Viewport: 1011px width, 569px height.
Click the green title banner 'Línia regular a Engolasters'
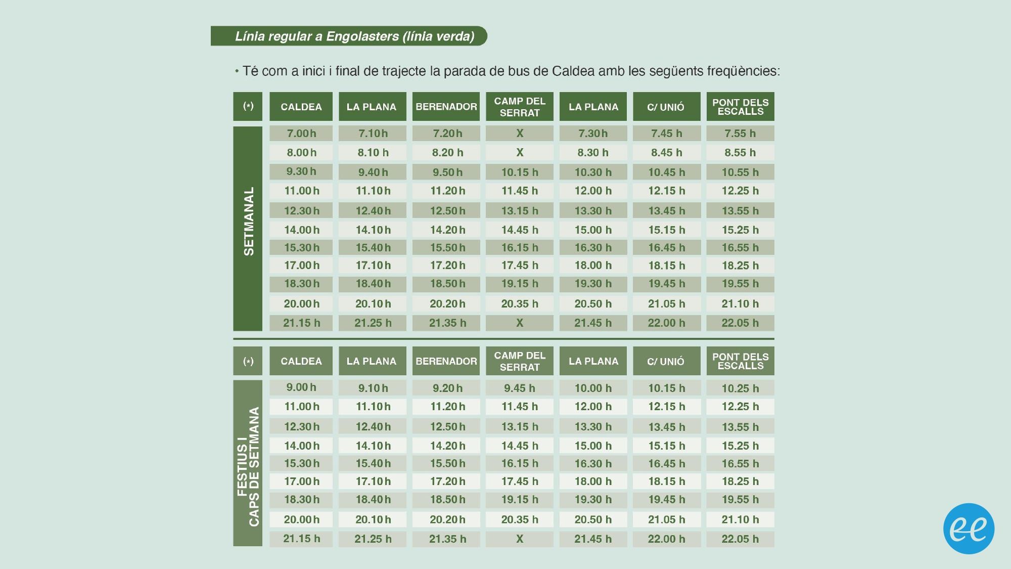pos(349,36)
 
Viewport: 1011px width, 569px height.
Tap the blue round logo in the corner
pos(969,529)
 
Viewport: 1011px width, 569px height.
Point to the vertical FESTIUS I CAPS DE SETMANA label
pos(248,463)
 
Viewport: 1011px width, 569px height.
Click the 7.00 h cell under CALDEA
pos(301,134)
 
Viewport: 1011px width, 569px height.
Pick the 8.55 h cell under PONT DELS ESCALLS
pos(740,153)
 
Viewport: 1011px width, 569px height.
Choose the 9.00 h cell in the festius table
pos(301,388)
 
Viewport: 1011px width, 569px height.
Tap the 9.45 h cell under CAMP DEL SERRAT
pos(520,388)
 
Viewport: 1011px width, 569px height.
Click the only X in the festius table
pos(520,539)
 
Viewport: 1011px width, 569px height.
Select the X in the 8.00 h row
pos(520,153)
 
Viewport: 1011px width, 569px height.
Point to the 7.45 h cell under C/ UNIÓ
pos(666,134)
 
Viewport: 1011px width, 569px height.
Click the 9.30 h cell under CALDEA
pos(301,172)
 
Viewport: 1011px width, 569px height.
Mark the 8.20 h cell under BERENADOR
pos(447,153)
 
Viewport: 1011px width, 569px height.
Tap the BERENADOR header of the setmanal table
pos(446,107)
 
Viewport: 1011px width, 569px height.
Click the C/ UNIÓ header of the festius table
pos(666,361)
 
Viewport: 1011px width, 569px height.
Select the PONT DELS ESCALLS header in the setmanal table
pos(740,107)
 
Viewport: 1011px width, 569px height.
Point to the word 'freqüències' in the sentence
pos(743,71)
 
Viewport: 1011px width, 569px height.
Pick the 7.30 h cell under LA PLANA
pos(593,134)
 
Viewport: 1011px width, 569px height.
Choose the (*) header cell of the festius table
pos(248,361)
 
